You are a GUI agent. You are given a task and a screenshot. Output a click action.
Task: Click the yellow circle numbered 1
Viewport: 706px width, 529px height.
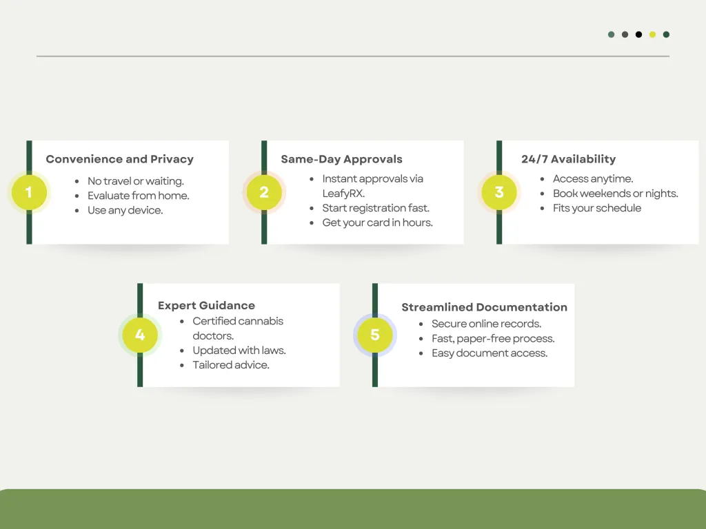pos(29,193)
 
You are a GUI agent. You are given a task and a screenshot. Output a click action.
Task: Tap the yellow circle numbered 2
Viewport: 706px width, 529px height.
pos(264,193)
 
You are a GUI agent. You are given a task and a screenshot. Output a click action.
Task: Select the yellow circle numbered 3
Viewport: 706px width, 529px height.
pos(499,193)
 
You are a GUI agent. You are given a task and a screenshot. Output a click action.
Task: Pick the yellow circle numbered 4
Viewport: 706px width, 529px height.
pos(140,335)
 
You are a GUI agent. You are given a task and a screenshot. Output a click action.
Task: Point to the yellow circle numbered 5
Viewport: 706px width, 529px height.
pos(375,335)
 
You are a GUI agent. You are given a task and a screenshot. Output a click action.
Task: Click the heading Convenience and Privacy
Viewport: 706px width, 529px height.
pos(120,159)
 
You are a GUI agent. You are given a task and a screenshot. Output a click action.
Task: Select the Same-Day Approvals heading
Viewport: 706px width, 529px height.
pos(342,159)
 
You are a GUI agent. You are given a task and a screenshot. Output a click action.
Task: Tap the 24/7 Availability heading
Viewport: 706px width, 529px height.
pos(569,159)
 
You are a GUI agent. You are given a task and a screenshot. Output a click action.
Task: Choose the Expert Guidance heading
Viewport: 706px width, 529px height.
pos(206,306)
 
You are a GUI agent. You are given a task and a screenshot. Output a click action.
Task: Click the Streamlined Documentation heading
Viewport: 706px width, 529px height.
pos(485,307)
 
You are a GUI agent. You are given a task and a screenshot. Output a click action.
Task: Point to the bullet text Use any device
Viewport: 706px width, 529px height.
pos(125,211)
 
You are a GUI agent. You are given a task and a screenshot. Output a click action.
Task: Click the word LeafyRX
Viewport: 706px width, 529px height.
pos(343,194)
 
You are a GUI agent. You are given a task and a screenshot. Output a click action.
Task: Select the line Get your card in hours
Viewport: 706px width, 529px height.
pos(377,222)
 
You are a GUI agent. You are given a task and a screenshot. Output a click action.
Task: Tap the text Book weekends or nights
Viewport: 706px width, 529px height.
pos(616,194)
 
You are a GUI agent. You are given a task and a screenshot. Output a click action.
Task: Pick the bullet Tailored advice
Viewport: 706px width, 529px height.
pos(231,365)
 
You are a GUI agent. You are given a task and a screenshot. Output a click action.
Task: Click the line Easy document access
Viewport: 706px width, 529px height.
pos(490,353)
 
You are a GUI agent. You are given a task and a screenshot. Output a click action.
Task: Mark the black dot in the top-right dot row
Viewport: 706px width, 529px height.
pos(638,34)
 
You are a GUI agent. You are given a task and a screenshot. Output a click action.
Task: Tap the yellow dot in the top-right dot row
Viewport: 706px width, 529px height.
pos(652,34)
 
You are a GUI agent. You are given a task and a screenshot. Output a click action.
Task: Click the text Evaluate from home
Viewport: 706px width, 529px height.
pos(138,196)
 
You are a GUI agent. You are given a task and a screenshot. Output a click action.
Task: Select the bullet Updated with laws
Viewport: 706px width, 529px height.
pos(239,351)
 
